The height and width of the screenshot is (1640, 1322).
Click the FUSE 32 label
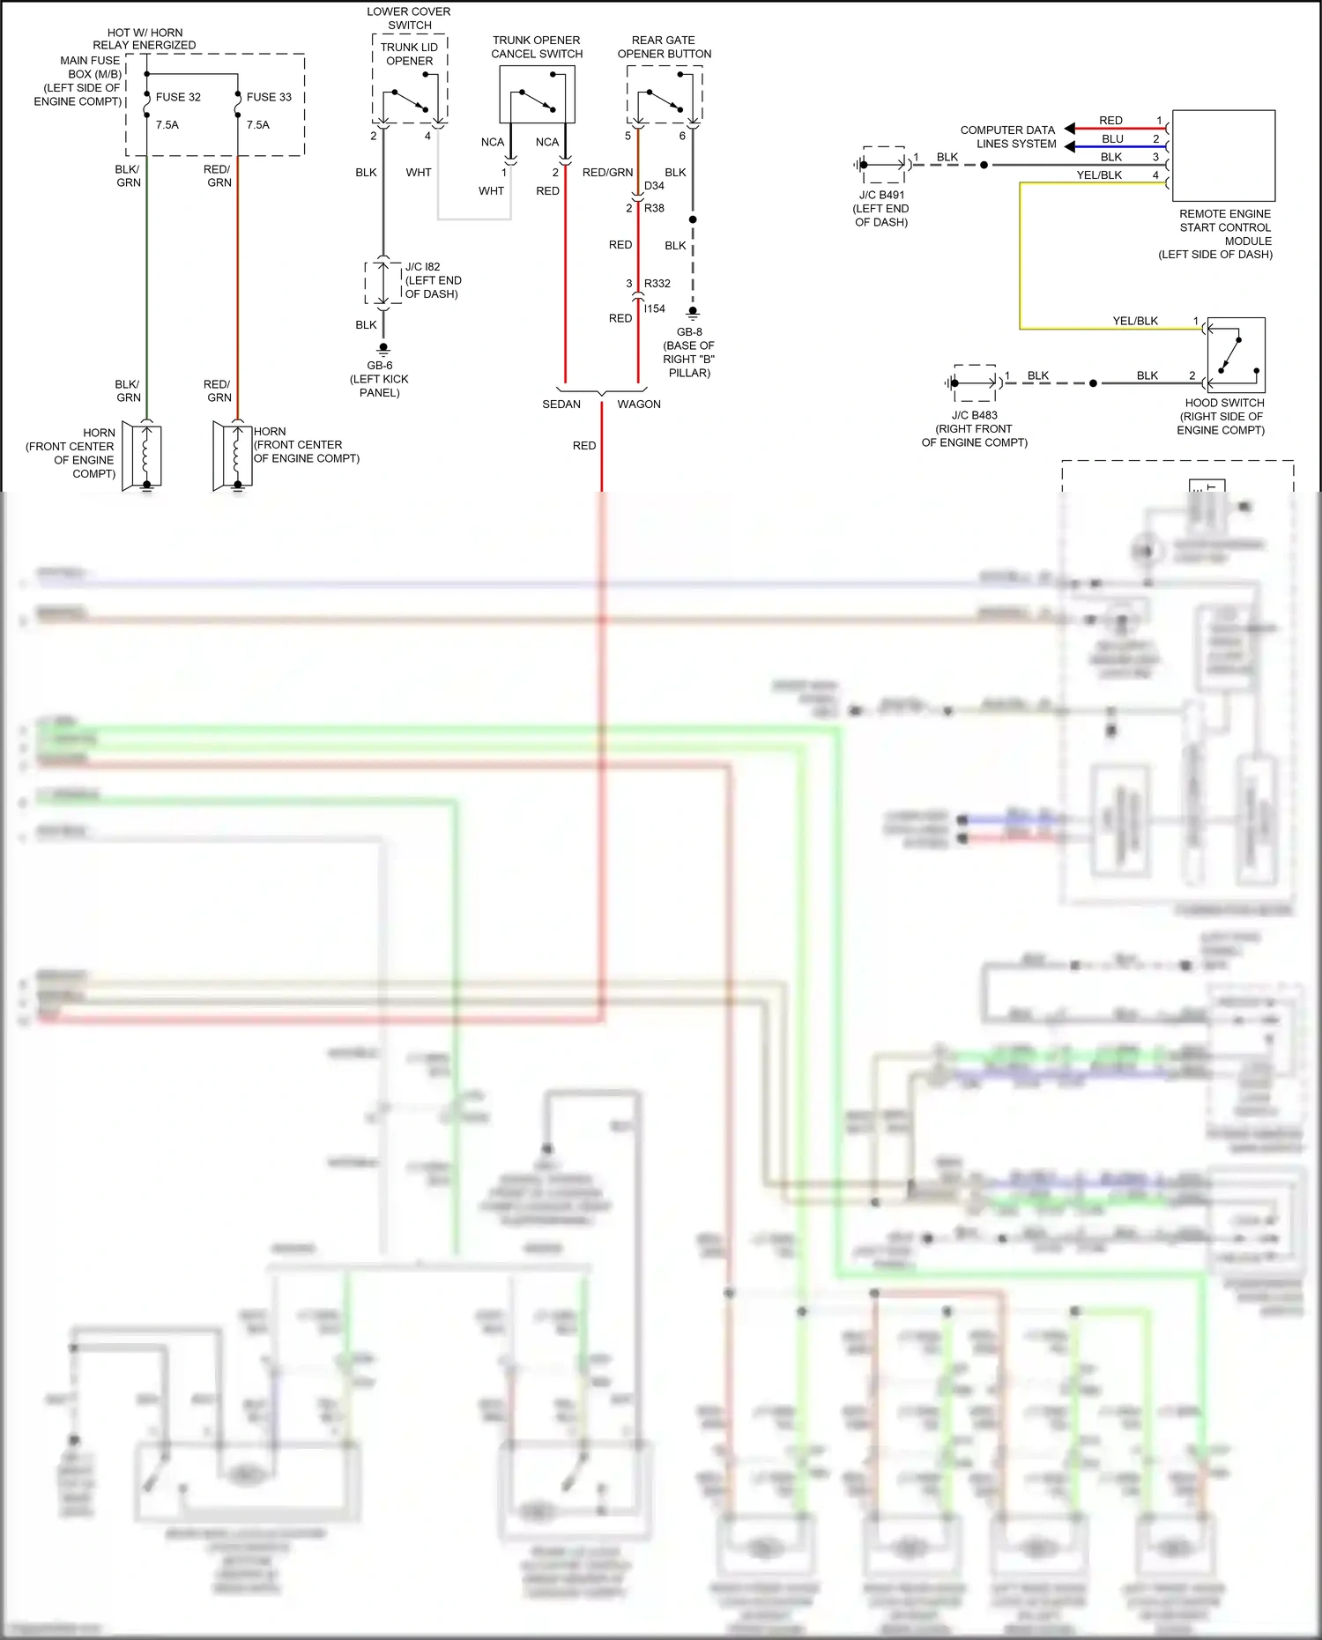(x=178, y=97)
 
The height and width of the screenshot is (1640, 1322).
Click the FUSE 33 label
(x=269, y=97)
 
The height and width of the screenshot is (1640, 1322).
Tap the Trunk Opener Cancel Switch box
(x=537, y=94)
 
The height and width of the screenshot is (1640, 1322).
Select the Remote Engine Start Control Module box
(x=1223, y=155)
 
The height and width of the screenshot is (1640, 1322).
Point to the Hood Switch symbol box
(x=1236, y=355)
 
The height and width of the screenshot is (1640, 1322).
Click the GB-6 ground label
(x=380, y=366)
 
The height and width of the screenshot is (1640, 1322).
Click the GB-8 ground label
(x=689, y=332)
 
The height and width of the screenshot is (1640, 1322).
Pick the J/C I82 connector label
(x=422, y=267)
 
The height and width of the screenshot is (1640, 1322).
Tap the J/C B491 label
(x=881, y=196)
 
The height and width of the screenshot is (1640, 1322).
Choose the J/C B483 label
(x=974, y=415)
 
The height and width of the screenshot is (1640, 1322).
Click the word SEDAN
(x=561, y=404)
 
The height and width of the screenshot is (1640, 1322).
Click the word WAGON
(x=639, y=404)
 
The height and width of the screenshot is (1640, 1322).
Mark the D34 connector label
(x=654, y=186)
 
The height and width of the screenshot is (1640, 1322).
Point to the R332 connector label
(x=657, y=284)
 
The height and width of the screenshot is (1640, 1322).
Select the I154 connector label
(x=655, y=309)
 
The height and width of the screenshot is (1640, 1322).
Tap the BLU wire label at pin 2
(x=1112, y=139)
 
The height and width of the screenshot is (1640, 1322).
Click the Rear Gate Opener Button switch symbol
(x=665, y=94)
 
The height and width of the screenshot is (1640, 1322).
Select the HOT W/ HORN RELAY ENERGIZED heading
(x=145, y=39)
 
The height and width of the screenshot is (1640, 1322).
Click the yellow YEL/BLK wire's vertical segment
(x=1020, y=256)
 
